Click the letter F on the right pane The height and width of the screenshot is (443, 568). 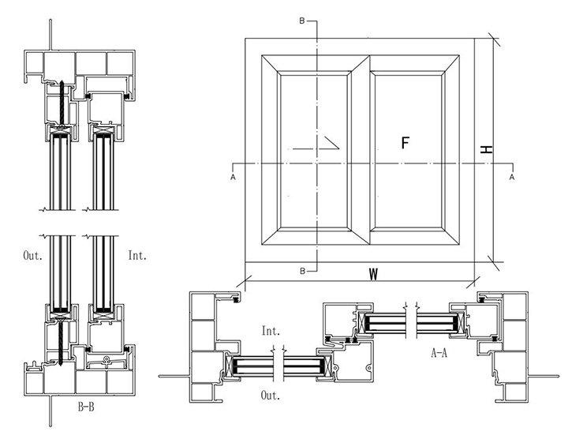pyautogui.click(x=405, y=143)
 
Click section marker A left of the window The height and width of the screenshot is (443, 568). pyautogui.click(x=233, y=178)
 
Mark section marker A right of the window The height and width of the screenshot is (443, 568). pyautogui.click(x=513, y=178)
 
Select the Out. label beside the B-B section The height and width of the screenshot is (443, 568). pyautogui.click(x=32, y=256)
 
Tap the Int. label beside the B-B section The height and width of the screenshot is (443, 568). pyautogui.click(x=137, y=256)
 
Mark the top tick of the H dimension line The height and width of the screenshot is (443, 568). pyautogui.click(x=495, y=39)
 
